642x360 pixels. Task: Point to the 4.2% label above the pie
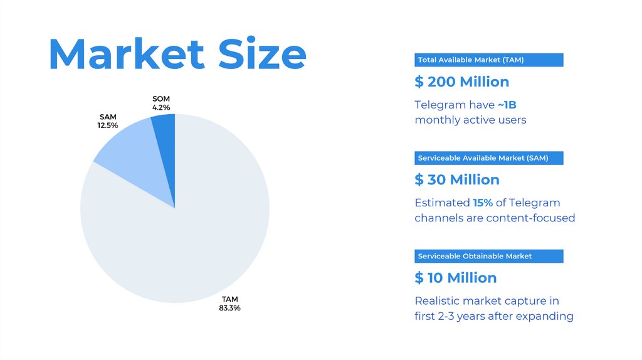pos(161,108)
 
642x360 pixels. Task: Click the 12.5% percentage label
pos(108,125)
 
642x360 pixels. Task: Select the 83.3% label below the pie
pos(229,308)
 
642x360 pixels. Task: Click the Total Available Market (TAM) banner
pos(488,60)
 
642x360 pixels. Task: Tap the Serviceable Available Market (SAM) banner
pos(488,158)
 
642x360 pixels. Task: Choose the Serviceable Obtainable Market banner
pos(488,256)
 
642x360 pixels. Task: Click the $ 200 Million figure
pos(462,82)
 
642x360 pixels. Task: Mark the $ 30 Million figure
pos(457,179)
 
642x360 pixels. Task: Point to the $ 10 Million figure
pos(456,277)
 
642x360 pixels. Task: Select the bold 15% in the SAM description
pos(483,203)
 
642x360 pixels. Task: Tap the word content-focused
pos(535,218)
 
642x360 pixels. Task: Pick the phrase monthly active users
pos(470,120)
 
